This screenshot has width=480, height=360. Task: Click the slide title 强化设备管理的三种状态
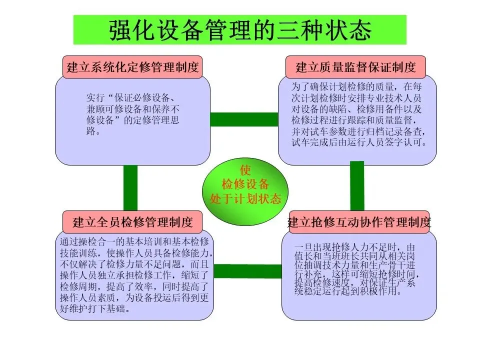pyautogui.click(x=240, y=29)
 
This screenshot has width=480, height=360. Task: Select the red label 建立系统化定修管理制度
pyautogui.click(x=132, y=67)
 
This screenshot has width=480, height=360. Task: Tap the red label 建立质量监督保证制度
pyautogui.click(x=355, y=67)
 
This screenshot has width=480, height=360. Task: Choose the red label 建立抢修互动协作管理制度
pyautogui.click(x=359, y=221)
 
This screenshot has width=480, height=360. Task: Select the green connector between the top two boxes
pyautogui.click(x=244, y=119)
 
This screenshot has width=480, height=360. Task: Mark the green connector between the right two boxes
pyautogui.click(x=357, y=185)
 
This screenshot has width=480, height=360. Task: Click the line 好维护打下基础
pyautogui.click(x=95, y=308)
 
